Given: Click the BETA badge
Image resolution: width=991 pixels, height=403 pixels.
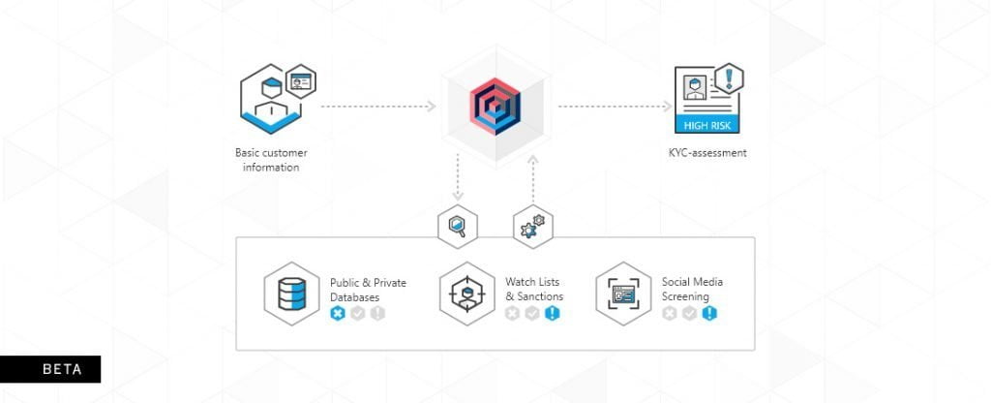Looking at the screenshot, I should click(50, 369).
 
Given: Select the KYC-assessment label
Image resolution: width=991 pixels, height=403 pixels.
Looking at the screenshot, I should click(708, 152).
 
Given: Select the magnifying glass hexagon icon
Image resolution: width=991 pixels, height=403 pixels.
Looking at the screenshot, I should click(456, 227).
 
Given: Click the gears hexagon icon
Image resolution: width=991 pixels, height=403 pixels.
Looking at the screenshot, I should click(532, 227).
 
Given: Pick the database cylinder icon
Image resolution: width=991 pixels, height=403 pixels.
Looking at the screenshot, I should click(291, 291).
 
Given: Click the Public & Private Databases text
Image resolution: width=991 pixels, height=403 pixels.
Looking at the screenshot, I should click(368, 289).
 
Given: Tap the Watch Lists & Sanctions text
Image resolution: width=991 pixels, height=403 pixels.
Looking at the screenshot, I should click(534, 289).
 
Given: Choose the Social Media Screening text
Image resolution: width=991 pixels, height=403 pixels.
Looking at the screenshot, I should click(692, 289).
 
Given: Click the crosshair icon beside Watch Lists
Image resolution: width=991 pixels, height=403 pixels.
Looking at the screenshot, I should click(467, 292).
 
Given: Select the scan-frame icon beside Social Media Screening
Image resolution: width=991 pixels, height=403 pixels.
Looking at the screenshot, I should click(623, 292).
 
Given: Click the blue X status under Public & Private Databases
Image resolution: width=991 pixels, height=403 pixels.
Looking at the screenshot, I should click(337, 313).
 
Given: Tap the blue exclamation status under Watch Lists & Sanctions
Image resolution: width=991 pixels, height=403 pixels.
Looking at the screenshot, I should click(552, 313).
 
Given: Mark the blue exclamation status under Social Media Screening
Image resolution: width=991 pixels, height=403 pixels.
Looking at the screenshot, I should click(709, 313).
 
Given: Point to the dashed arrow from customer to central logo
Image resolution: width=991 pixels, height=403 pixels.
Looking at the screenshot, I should click(377, 106).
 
